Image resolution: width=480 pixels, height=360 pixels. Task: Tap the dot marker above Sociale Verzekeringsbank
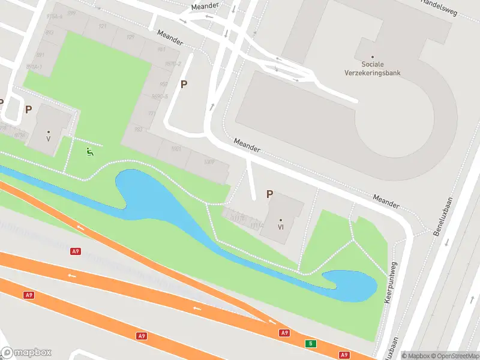(x=373, y=58)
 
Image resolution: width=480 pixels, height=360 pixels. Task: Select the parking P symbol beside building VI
(x=269, y=194)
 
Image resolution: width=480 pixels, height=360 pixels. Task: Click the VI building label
(x=280, y=227)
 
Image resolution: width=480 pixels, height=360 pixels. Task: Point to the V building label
(x=48, y=139)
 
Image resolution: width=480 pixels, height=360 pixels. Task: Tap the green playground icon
(x=89, y=152)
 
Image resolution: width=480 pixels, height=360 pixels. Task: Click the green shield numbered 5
(x=310, y=344)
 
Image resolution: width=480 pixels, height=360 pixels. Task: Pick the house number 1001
(x=176, y=148)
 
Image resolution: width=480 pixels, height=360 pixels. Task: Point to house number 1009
(x=209, y=162)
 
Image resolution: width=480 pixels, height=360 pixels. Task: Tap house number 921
(x=102, y=26)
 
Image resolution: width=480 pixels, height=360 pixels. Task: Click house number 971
(x=152, y=113)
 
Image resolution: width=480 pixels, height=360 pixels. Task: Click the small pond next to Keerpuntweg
(x=350, y=285)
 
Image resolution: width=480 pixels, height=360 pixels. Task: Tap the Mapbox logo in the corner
(x=26, y=353)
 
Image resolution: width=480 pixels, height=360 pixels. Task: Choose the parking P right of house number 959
(x=184, y=85)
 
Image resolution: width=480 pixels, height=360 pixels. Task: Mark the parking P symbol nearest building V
(x=28, y=109)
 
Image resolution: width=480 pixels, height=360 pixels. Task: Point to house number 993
(x=139, y=129)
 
